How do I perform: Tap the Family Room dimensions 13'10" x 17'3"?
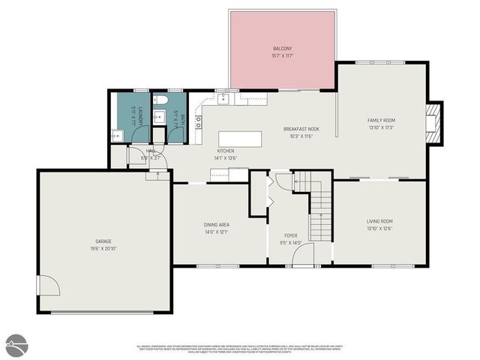pos(381,127)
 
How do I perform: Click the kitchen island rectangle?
pos(240,139)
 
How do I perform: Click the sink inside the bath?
pos(158,116)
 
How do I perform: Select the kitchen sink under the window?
pos(224,98)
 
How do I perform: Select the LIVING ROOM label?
pos(379,221)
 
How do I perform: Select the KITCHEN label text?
pos(226,151)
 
